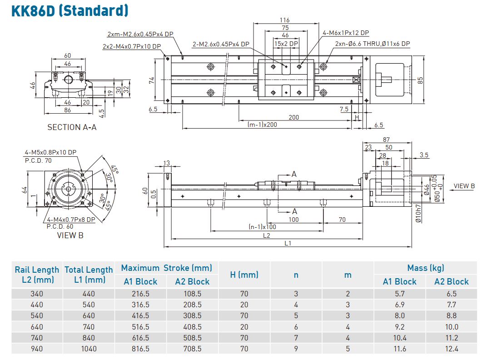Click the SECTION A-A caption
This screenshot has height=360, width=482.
[72, 127]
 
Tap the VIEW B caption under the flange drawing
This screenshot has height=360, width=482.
[70, 235]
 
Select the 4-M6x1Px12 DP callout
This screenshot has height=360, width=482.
[345, 33]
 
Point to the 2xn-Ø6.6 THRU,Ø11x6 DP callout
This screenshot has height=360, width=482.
[373, 44]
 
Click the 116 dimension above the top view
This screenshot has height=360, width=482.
[285, 20]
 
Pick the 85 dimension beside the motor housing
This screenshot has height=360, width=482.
[421, 80]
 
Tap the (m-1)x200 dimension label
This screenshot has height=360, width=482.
[262, 125]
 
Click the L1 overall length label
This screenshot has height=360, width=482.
[288, 243]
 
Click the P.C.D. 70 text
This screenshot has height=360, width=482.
[38, 160]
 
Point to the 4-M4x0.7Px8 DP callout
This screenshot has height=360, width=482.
[71, 220]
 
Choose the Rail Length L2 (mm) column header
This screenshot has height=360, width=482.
[37, 275]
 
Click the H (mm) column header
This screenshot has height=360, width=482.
[244, 275]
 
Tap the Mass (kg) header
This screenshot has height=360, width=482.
[425, 268]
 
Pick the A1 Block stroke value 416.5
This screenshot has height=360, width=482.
[140, 315]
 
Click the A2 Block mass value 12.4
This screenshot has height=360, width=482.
[452, 349]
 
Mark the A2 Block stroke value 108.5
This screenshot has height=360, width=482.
[192, 294]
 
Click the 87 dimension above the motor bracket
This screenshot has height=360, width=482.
[387, 139]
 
